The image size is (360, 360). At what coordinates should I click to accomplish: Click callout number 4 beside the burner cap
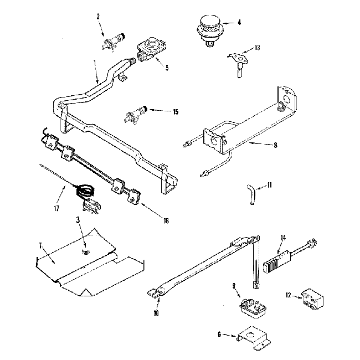point(239,23)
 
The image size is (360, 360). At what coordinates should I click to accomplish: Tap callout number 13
point(256,48)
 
